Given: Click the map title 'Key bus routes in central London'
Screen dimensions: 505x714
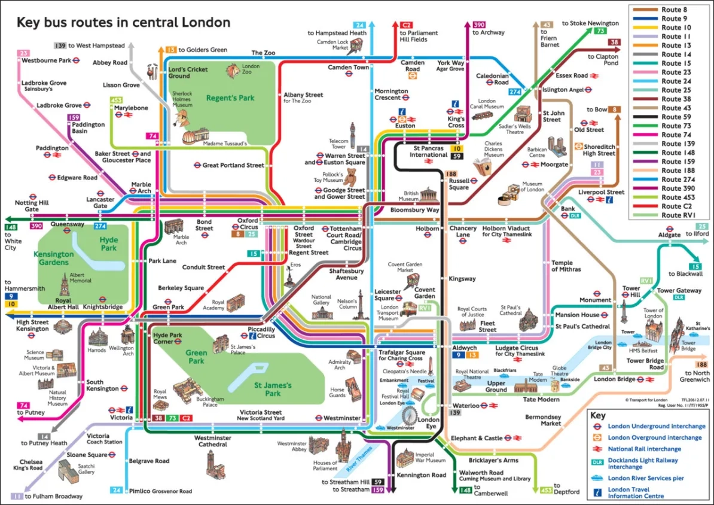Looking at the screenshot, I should pos(123,23).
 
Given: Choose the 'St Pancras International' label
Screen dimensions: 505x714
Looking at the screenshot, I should pos(429,151).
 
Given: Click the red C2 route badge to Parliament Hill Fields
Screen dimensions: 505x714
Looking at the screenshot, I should pos(407,25).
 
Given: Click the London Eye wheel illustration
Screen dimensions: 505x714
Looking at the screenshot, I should pos(409,415).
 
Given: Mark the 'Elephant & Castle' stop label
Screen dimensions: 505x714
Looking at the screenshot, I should pos(477,438).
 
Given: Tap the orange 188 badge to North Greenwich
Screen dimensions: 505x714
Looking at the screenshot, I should pos(701,364).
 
